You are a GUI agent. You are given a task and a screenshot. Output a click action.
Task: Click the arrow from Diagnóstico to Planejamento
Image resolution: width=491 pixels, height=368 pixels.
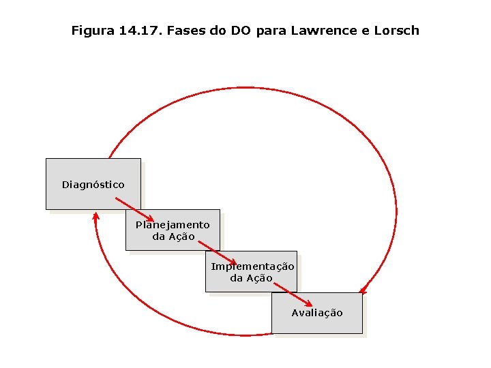pos(134,209)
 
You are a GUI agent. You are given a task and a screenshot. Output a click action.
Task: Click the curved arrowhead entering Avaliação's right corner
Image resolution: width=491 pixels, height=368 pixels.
pos(363,291)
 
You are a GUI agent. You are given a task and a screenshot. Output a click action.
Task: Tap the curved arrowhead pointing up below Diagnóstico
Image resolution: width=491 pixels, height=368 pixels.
pos(96,216)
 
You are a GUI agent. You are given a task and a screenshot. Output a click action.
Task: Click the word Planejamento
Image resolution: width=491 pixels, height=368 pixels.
pos(173,225)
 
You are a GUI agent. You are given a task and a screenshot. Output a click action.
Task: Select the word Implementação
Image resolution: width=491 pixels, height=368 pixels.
pos(252,266)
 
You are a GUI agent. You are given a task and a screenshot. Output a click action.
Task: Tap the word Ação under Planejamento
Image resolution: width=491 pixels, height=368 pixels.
pos(182,236)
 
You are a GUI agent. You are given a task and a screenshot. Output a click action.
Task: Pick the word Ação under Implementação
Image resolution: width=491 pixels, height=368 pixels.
pos(260,278)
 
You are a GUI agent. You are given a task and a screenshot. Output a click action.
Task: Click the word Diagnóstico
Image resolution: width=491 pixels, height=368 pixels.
pos(93,185)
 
